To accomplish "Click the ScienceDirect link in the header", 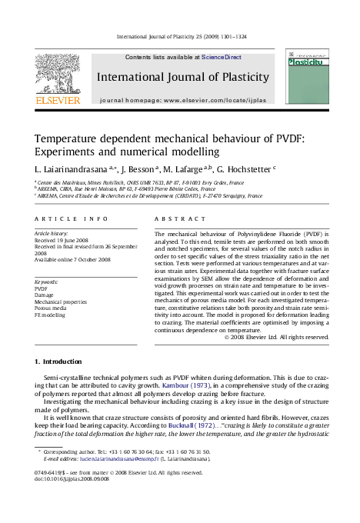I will coord(222,57).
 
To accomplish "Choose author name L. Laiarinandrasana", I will coord(74,167).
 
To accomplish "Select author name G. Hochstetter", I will coord(242,167).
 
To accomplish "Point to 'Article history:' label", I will coord(52,232).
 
